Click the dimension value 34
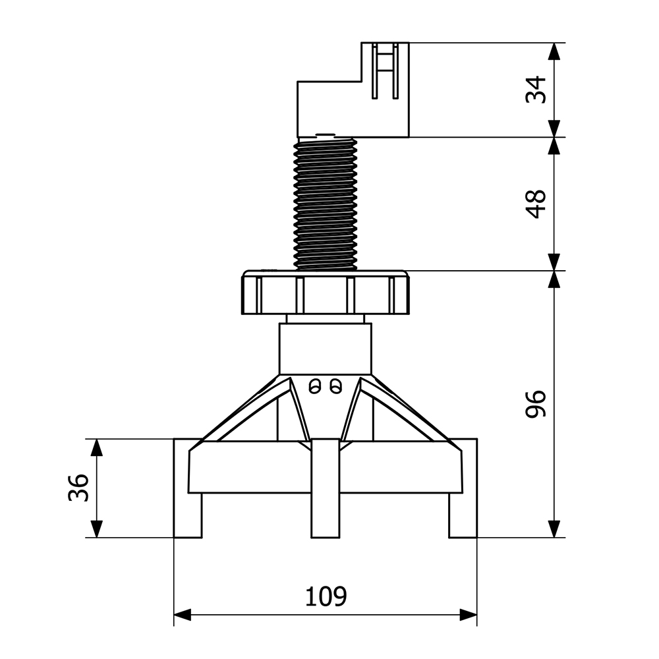point(536,90)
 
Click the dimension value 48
point(536,204)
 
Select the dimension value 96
point(536,404)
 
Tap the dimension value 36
point(78,488)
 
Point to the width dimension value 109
point(326,596)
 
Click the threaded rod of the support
point(326,204)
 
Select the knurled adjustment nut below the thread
point(326,293)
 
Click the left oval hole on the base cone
point(314,386)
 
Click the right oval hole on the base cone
point(335,386)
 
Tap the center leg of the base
point(326,488)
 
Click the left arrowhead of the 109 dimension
point(182,614)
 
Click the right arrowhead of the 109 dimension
point(469,614)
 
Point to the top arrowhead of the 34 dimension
point(555,51)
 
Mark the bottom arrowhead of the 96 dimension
point(555,529)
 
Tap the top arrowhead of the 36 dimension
point(97,447)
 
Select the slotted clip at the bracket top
point(385,71)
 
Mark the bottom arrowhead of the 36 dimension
point(97,529)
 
